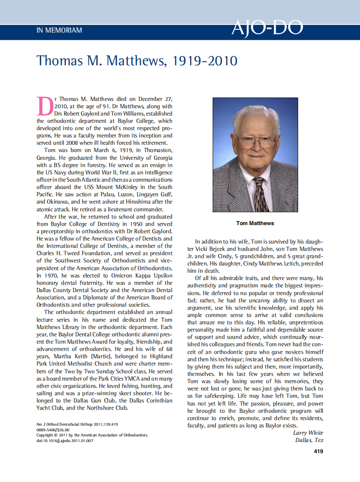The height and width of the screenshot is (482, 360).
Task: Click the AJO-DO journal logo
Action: (x=267, y=28)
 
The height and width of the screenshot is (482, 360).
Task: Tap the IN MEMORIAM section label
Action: (x=59, y=31)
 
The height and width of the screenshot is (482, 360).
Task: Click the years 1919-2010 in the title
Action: (x=204, y=61)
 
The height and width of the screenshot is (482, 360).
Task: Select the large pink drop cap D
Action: (x=46, y=106)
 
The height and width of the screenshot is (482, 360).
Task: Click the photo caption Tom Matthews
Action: (x=255, y=223)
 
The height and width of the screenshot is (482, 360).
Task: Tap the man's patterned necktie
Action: (x=261, y=193)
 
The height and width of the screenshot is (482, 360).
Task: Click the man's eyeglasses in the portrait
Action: (x=252, y=141)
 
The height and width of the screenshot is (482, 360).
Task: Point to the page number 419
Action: (x=318, y=451)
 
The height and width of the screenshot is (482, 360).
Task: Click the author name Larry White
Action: (x=308, y=433)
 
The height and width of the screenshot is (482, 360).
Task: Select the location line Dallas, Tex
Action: (x=309, y=440)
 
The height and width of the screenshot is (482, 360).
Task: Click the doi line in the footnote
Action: (x=65, y=440)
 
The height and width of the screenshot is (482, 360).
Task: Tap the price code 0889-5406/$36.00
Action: (x=53, y=430)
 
